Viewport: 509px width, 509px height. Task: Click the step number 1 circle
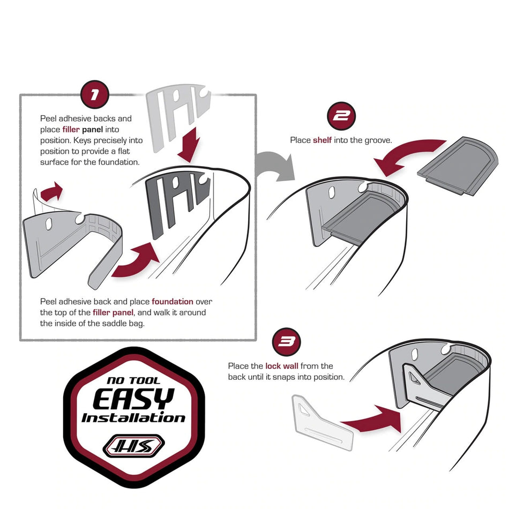[x=94, y=94]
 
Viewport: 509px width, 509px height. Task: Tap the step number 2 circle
[x=341, y=116]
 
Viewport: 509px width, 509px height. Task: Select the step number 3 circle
[x=286, y=341]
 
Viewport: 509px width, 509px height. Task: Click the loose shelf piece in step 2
[x=458, y=166]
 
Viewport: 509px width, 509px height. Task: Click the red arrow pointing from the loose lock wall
[x=373, y=419]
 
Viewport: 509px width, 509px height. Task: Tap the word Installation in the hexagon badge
[x=133, y=418]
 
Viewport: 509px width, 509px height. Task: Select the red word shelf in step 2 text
[x=322, y=140]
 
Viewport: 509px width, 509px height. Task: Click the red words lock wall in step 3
[x=282, y=366]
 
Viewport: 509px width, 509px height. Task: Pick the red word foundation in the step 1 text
[x=173, y=302]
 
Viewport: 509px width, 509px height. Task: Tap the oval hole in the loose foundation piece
[x=48, y=223]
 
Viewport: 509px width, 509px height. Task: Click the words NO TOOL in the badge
[x=134, y=380]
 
